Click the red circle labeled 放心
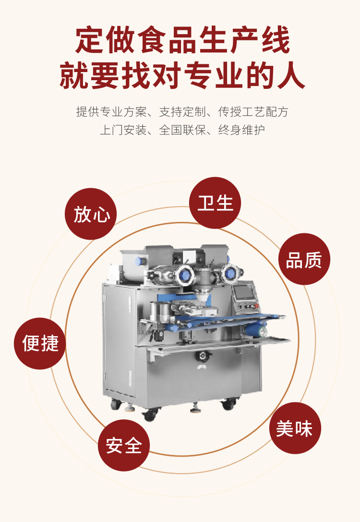91,214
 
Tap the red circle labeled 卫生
215,203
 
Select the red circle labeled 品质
304,259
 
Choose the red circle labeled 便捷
40,343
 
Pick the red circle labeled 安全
124,446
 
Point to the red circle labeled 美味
295,428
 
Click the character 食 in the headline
151,40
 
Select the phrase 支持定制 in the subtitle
182,112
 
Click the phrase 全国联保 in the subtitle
182,130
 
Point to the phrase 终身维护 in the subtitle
241,130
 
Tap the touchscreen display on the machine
244,292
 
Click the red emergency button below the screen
256,305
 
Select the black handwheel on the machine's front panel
203,356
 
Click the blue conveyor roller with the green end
255,330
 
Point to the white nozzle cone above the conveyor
202,295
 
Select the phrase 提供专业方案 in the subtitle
111,112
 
